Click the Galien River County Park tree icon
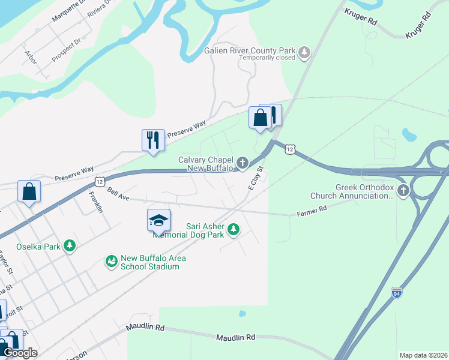[x=305, y=52]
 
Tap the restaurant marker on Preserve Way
[x=152, y=140]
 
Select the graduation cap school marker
[x=159, y=220]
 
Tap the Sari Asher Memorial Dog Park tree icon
[x=234, y=229]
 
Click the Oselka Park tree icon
[x=70, y=246]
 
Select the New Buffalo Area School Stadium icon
[x=111, y=261]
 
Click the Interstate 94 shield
[x=396, y=293]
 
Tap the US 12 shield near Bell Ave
[x=100, y=181]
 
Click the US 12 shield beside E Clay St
[x=291, y=148]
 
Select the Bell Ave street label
[x=119, y=194]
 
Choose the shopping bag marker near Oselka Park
[x=29, y=192]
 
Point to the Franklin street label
[x=96, y=202]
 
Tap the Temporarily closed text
[x=267, y=58]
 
